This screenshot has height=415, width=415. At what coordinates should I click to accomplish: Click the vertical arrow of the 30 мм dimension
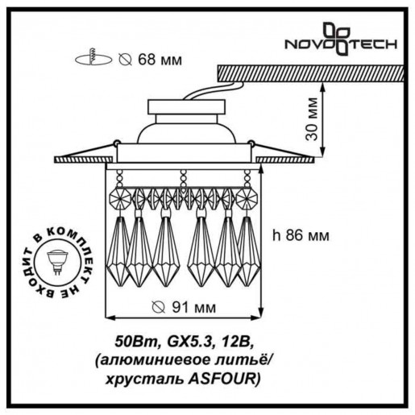[x=322, y=121]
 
